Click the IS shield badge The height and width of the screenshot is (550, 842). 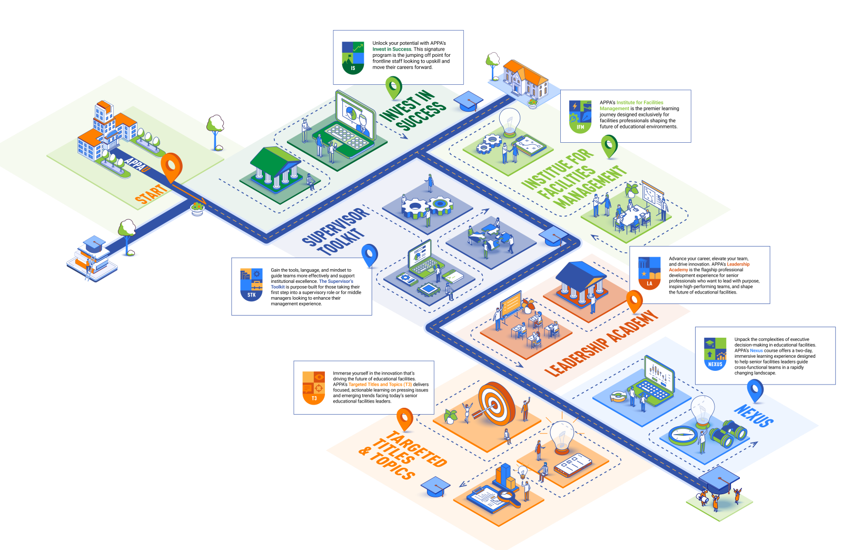353,57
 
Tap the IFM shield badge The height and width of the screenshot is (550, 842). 580,116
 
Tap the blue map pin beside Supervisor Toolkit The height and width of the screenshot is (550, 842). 370,255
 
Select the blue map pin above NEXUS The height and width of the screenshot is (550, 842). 755,390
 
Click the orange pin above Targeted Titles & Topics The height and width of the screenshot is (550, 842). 404,418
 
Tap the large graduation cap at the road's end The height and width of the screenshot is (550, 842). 719,479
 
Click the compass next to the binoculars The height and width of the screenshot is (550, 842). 683,435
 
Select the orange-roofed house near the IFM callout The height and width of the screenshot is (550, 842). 525,79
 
